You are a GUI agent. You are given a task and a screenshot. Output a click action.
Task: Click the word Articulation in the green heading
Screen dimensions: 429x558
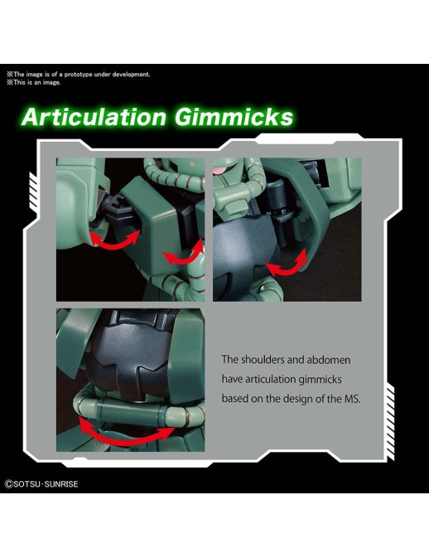[94, 117]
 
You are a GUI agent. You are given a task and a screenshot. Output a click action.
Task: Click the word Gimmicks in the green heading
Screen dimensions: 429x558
[234, 117]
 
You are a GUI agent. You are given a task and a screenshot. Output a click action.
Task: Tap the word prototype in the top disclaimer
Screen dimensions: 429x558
[78, 75]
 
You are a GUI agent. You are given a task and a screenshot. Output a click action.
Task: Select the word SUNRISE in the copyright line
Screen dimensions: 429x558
[61, 484]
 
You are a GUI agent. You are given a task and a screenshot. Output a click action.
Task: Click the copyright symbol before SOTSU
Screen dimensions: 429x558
[8, 484]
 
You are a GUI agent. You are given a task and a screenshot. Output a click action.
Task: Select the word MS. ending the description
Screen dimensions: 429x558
[352, 399]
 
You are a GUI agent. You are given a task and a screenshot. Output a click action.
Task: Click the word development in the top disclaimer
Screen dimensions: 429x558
[131, 75]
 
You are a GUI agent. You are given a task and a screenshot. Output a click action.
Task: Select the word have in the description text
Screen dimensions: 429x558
[232, 379]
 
